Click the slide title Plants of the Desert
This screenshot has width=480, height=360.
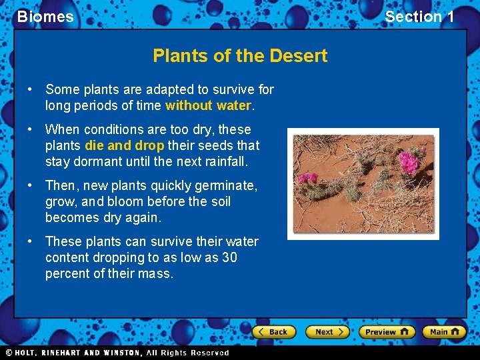240,55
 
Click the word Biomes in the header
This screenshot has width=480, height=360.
45,17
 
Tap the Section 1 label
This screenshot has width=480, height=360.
419,17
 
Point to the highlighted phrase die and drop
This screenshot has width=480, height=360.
125,145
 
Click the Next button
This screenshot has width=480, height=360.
328,331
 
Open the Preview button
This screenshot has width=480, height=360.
387,331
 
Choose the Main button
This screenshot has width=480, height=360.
445,331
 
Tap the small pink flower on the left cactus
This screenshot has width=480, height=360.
307,178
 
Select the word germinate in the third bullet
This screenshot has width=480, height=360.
227,185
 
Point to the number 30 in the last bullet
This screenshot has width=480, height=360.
229,257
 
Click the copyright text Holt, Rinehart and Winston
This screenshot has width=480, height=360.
117,353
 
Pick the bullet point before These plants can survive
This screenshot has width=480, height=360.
31,241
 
